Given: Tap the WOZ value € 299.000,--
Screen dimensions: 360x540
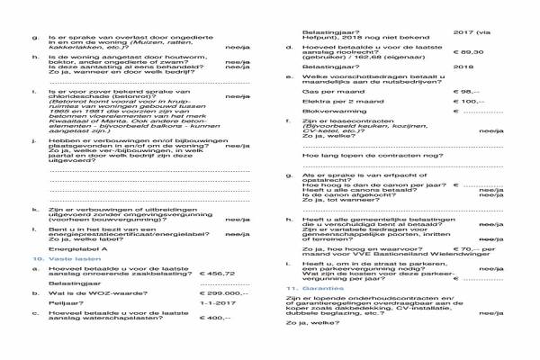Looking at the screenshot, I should [224, 293].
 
